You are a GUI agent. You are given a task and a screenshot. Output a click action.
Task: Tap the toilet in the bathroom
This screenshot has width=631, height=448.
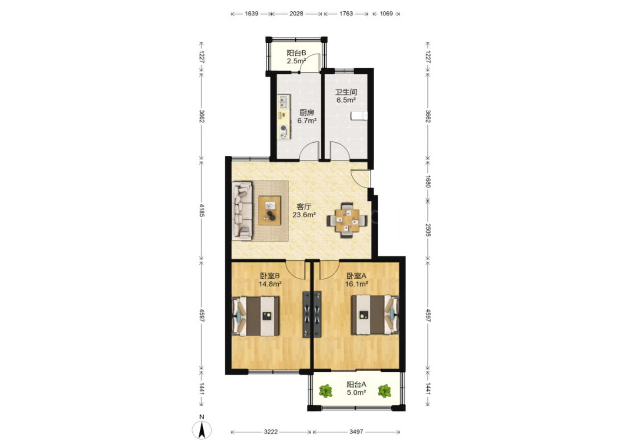[359, 116]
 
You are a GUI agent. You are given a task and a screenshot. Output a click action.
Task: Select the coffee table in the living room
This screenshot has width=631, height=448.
[269, 210]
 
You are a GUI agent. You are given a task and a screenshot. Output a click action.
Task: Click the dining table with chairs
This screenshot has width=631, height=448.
[347, 220]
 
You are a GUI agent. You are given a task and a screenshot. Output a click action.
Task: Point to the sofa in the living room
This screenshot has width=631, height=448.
[242, 211]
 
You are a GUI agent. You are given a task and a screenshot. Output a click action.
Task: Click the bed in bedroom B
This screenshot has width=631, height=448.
[255, 316]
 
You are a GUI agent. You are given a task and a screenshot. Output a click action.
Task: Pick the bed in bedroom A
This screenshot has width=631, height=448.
[375, 315]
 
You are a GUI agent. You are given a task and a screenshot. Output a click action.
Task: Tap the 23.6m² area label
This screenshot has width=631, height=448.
[304, 215]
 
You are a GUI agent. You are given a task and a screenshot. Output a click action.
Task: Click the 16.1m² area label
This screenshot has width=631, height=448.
[357, 284]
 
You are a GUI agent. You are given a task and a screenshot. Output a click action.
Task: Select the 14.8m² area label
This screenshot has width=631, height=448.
[270, 284]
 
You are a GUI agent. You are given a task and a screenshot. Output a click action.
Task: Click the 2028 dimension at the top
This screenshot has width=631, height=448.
[296, 14]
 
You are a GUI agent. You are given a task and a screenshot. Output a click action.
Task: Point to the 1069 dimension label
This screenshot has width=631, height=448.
[386, 14]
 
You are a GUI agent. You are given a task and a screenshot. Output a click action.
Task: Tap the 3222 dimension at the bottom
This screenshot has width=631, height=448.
[271, 432]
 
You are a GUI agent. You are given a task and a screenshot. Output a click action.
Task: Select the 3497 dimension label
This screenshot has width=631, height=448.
[356, 432]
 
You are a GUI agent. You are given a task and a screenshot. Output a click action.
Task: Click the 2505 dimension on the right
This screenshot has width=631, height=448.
[428, 230]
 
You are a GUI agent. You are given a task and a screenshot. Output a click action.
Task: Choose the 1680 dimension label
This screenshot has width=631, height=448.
[428, 182]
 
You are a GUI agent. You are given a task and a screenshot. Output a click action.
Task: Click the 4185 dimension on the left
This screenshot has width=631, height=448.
[202, 210]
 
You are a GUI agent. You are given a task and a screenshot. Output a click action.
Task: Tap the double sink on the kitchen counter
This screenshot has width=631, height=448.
[284, 102]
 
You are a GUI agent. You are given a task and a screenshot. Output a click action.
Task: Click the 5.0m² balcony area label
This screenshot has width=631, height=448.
[357, 392]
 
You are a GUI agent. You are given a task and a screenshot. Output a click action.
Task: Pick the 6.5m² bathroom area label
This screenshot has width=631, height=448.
[346, 100]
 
